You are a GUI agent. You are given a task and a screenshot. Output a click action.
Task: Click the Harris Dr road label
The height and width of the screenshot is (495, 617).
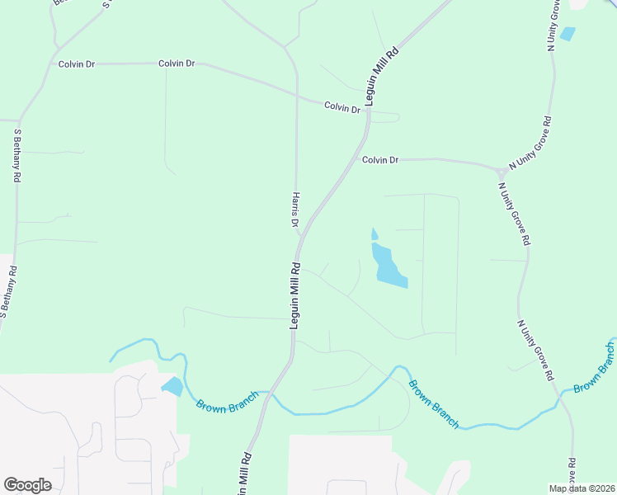coord(294,210)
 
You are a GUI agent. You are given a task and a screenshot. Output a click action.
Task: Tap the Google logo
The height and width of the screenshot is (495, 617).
coord(27,485)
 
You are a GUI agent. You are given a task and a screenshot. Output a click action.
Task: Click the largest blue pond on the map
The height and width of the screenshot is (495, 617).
coord(389,267)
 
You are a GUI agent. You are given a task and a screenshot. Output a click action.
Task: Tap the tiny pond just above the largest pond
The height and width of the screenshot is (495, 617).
coord(374,234)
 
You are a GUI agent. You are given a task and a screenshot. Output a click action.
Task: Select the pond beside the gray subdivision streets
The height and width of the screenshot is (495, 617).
coord(172,386)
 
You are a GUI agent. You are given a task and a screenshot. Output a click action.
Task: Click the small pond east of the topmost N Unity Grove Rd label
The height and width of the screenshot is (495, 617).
coord(568,35)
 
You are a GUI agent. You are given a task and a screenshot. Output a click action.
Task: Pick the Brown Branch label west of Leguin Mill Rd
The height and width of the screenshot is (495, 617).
coord(227,402)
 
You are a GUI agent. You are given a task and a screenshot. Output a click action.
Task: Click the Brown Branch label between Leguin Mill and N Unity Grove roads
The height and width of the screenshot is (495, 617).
coord(433,403)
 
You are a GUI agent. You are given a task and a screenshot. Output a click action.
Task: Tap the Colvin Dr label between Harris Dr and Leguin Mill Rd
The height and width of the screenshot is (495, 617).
coord(342,107)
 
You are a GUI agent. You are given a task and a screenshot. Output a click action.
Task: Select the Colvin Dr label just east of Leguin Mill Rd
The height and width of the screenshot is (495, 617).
coord(380,160)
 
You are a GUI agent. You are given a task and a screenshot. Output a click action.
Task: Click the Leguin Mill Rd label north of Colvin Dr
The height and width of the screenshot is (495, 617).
coord(384,75)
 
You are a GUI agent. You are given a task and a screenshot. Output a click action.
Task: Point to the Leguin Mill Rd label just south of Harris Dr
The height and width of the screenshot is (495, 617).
coord(294,296)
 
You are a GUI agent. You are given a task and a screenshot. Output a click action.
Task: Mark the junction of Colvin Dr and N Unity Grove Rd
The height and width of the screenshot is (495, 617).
coord(500,170)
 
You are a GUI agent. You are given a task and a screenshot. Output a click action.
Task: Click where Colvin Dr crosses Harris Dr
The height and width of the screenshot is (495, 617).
coord(297,95)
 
